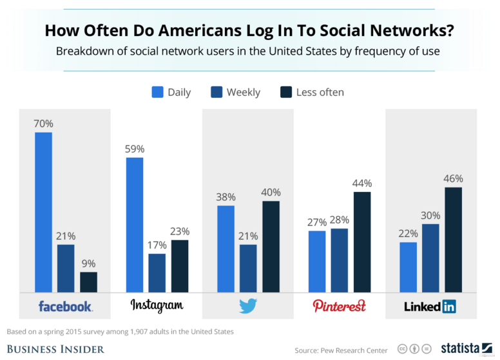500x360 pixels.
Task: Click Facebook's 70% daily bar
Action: coord(43,213)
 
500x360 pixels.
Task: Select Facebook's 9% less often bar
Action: coord(88,282)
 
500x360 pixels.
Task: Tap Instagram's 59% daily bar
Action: coord(135,225)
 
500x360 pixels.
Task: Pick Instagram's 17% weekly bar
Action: coord(157,273)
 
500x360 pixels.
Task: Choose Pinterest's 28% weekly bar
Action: coord(340,260)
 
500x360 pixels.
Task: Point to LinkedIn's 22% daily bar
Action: coord(408,267)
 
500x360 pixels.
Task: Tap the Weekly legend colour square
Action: coord(216,92)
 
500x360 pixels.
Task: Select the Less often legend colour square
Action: coord(286,92)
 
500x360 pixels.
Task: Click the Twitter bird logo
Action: coord(248,306)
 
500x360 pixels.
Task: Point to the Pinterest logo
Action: coord(339,305)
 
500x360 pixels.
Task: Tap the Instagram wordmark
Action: coord(157,305)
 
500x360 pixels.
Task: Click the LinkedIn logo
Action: coord(430,307)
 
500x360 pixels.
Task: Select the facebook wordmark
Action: coord(65,306)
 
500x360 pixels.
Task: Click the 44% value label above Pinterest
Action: coord(362,184)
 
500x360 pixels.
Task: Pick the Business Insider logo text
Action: coord(55,349)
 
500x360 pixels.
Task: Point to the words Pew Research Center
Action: coord(351,350)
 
